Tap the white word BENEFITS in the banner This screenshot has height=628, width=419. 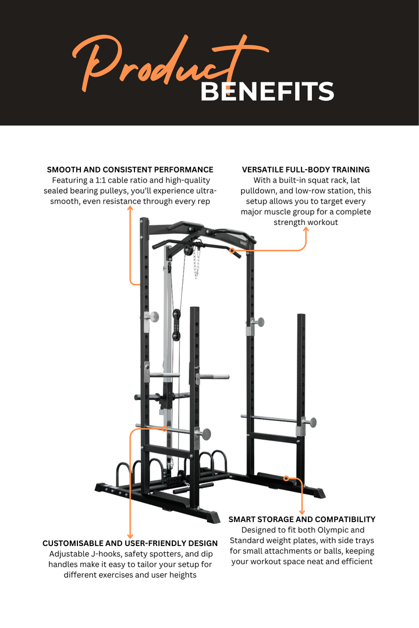coord(267,92)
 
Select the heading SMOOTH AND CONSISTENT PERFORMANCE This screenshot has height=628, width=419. coord(130,170)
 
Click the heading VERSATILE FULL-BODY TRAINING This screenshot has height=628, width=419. coord(306,170)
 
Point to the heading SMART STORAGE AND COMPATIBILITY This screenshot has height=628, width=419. coord(301,519)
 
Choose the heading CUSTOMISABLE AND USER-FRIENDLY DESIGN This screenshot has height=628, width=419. coord(130,543)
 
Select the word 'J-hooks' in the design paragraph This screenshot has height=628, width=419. coord(104,554)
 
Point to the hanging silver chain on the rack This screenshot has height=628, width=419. coord(196,261)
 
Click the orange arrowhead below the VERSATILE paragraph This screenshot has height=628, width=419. coord(306,230)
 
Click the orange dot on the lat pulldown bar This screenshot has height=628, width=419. coord(232,251)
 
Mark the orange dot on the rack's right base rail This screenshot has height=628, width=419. coord(286,478)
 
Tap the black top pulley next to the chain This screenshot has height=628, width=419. coord(187,248)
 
